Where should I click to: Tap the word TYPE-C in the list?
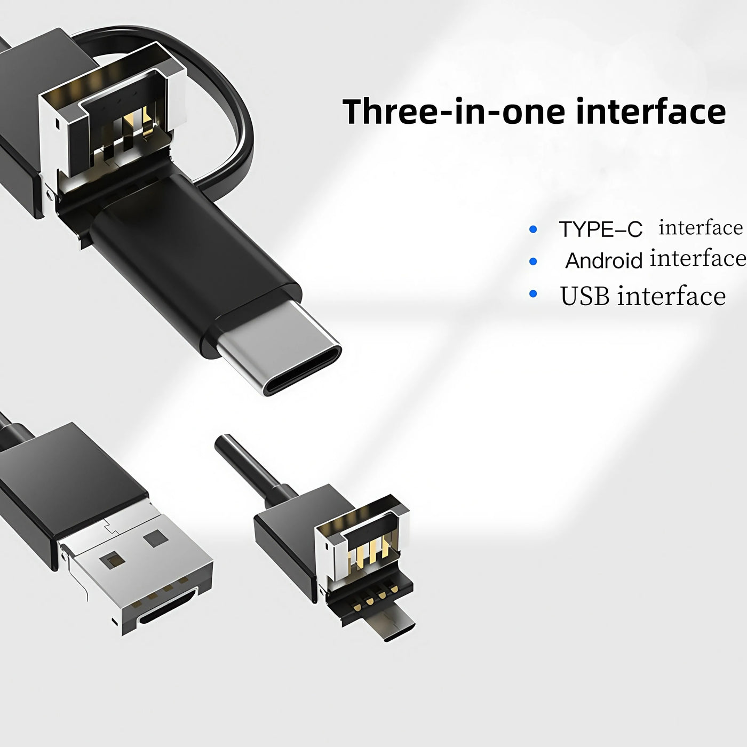tap(600, 229)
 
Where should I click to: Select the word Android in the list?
tap(604, 260)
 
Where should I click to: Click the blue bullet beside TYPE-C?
tap(533, 229)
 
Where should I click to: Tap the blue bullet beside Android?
tap(533, 261)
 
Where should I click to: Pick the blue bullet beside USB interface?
tap(533, 294)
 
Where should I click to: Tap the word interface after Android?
tap(698, 258)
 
